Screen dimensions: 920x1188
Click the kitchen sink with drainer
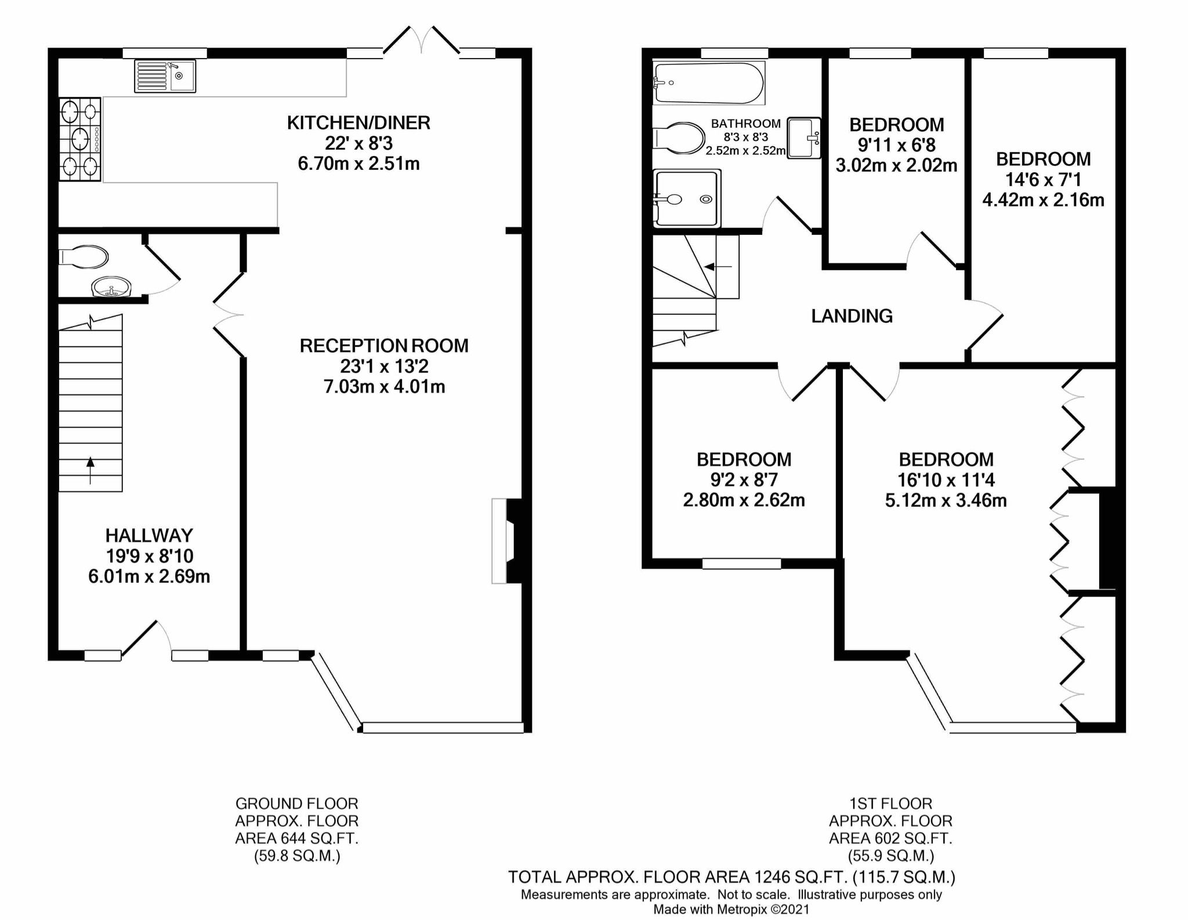pos(165,76)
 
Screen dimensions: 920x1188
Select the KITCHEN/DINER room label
pos(358,123)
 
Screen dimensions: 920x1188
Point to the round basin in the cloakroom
pos(111,286)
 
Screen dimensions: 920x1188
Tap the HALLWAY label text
pos(149,535)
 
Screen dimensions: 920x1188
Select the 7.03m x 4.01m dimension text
pos(384,387)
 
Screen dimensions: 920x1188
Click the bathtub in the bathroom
pos(708,84)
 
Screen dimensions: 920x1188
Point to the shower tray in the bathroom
pos(687,198)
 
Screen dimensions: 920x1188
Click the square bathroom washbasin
pos(805,137)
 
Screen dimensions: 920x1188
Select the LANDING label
pos(852,316)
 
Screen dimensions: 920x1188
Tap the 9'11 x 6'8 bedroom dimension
pos(896,145)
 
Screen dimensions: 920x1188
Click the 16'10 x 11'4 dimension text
pos(946,480)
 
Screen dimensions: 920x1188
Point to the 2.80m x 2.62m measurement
pos(744,500)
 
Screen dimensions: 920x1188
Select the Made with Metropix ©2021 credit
pos(731,910)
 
